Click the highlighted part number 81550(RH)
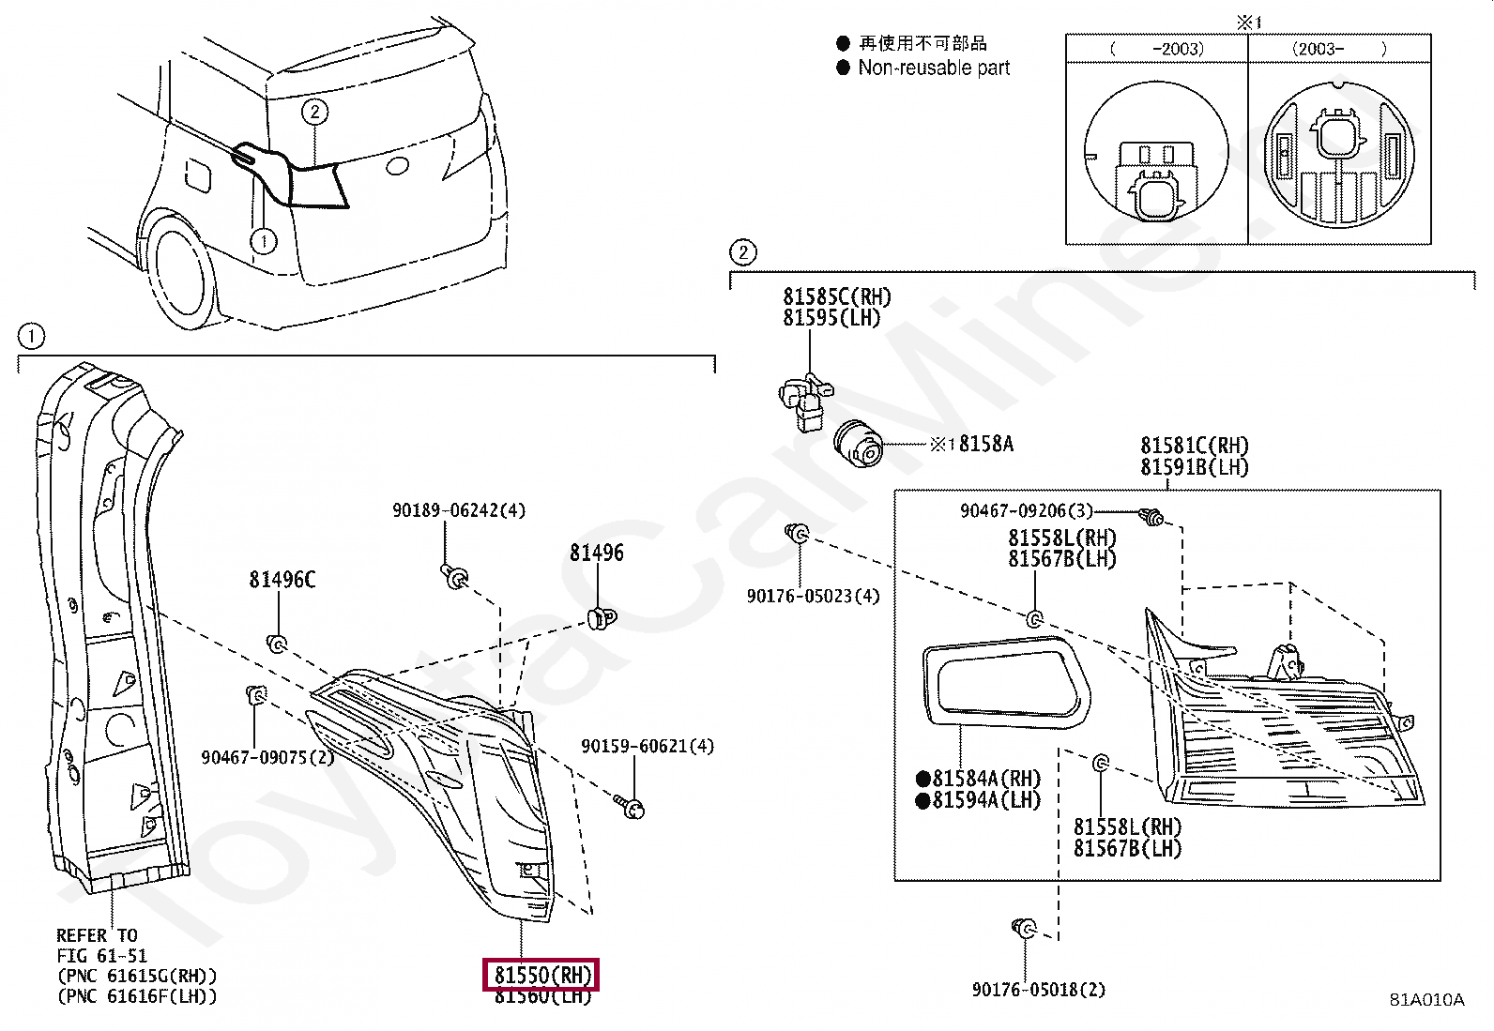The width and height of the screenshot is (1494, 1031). (x=541, y=975)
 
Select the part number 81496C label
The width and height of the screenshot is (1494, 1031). (x=282, y=580)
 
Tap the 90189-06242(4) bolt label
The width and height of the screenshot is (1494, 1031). (x=458, y=510)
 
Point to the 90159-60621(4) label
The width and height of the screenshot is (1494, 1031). (x=647, y=746)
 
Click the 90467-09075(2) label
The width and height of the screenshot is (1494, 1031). (x=267, y=757)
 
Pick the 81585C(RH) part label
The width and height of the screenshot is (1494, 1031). (x=836, y=297)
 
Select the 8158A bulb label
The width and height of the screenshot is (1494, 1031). (x=985, y=444)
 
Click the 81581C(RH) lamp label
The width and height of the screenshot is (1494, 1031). (x=1194, y=445)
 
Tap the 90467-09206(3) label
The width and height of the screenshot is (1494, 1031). (x=1026, y=510)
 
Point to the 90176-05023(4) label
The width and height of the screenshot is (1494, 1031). (x=813, y=596)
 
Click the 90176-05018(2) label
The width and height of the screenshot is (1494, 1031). (x=1038, y=989)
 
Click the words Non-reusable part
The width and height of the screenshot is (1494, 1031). (x=934, y=68)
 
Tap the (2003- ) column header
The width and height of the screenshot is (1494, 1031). (x=1338, y=49)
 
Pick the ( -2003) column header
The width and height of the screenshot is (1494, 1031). (x=1156, y=49)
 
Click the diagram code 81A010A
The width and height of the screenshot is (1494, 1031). (x=1425, y=999)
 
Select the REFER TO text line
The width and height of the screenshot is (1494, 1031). (x=97, y=935)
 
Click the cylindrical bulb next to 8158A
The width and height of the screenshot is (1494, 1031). (x=858, y=443)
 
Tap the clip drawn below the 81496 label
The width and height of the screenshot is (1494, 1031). (x=601, y=617)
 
